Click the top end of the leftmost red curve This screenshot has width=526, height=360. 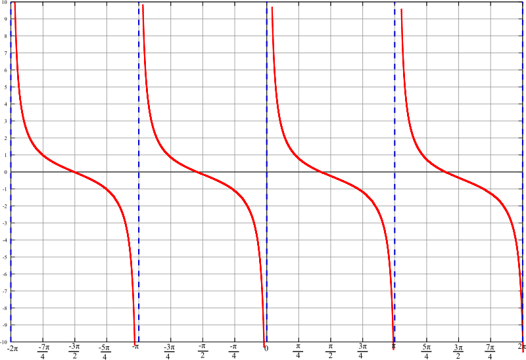(x=14, y=3)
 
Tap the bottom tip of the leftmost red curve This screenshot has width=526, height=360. (x=135, y=344)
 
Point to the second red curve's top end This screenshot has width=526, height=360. (x=143, y=4)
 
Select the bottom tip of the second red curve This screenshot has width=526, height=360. (x=264, y=346)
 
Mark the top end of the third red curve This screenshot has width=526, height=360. (x=272, y=7)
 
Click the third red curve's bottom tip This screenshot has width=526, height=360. (x=393, y=348)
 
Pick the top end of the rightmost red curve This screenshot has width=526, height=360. (x=401, y=9)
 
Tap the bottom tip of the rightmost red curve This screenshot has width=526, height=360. (x=523, y=351)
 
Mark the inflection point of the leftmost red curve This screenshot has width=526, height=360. (x=75, y=173)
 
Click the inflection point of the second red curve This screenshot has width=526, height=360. (x=203, y=173)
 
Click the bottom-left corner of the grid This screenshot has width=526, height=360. (x=11, y=342)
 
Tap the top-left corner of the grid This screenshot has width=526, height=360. (x=11, y=3)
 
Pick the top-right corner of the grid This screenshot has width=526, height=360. (x=523, y=3)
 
